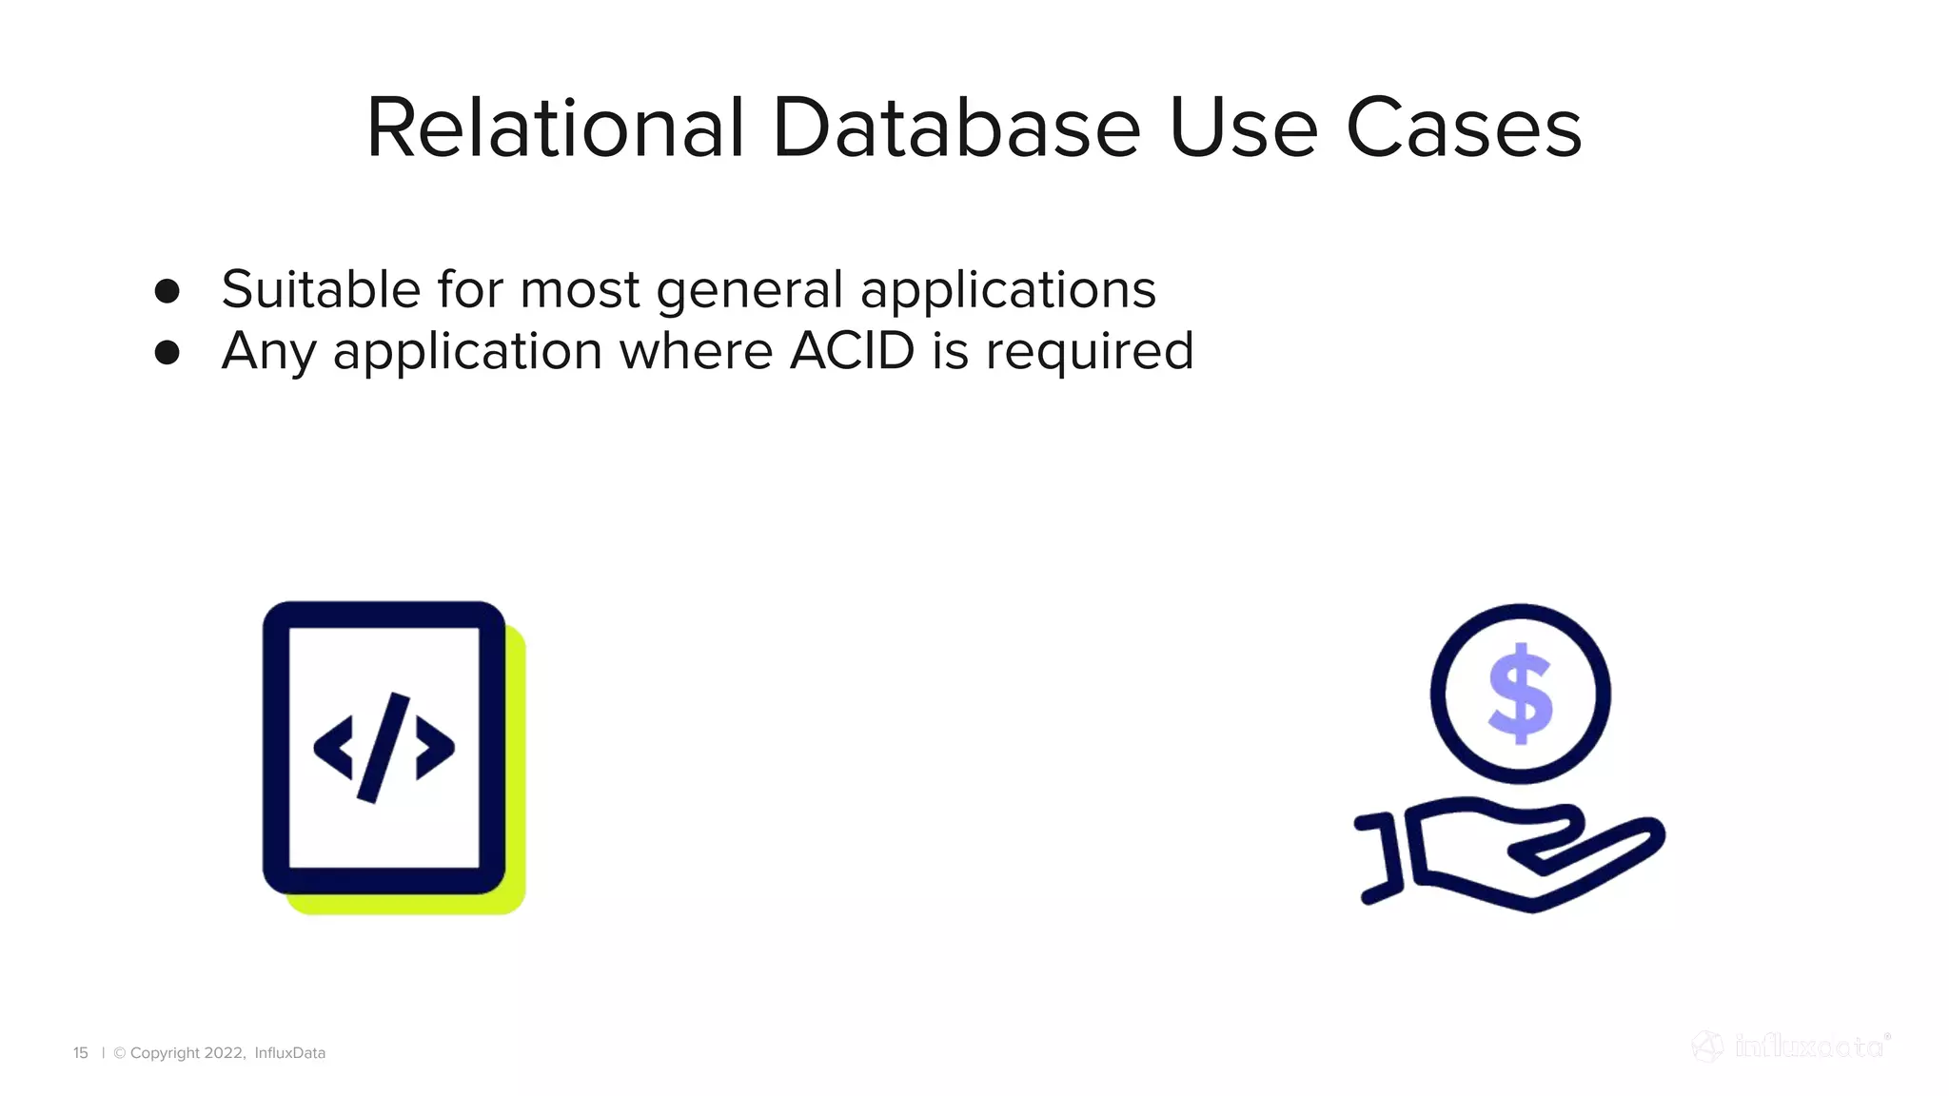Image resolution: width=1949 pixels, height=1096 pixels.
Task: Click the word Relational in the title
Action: (x=555, y=128)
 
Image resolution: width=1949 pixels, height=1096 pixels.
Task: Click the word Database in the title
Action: (x=955, y=128)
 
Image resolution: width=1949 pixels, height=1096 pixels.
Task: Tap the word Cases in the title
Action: (x=1464, y=128)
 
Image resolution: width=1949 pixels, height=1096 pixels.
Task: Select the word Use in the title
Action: (x=1243, y=128)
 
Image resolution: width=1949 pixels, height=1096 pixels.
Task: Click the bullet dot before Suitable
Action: (x=167, y=291)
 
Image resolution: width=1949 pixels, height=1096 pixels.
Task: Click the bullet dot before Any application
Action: (x=167, y=353)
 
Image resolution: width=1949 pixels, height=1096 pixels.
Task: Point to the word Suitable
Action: (x=321, y=289)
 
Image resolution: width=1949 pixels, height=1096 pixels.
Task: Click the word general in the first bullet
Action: (x=750, y=291)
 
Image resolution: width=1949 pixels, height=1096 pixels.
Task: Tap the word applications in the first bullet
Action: (x=1008, y=291)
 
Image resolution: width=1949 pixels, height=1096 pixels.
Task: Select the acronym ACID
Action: (x=852, y=351)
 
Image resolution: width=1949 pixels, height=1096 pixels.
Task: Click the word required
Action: (x=1089, y=353)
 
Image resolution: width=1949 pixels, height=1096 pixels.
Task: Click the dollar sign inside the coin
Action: (x=1520, y=693)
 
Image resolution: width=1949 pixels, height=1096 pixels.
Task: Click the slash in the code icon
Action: (x=384, y=748)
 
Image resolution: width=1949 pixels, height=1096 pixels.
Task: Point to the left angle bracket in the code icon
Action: (x=334, y=748)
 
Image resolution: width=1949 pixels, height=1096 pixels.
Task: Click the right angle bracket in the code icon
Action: (x=435, y=748)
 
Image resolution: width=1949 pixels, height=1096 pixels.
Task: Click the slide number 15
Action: (x=81, y=1053)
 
